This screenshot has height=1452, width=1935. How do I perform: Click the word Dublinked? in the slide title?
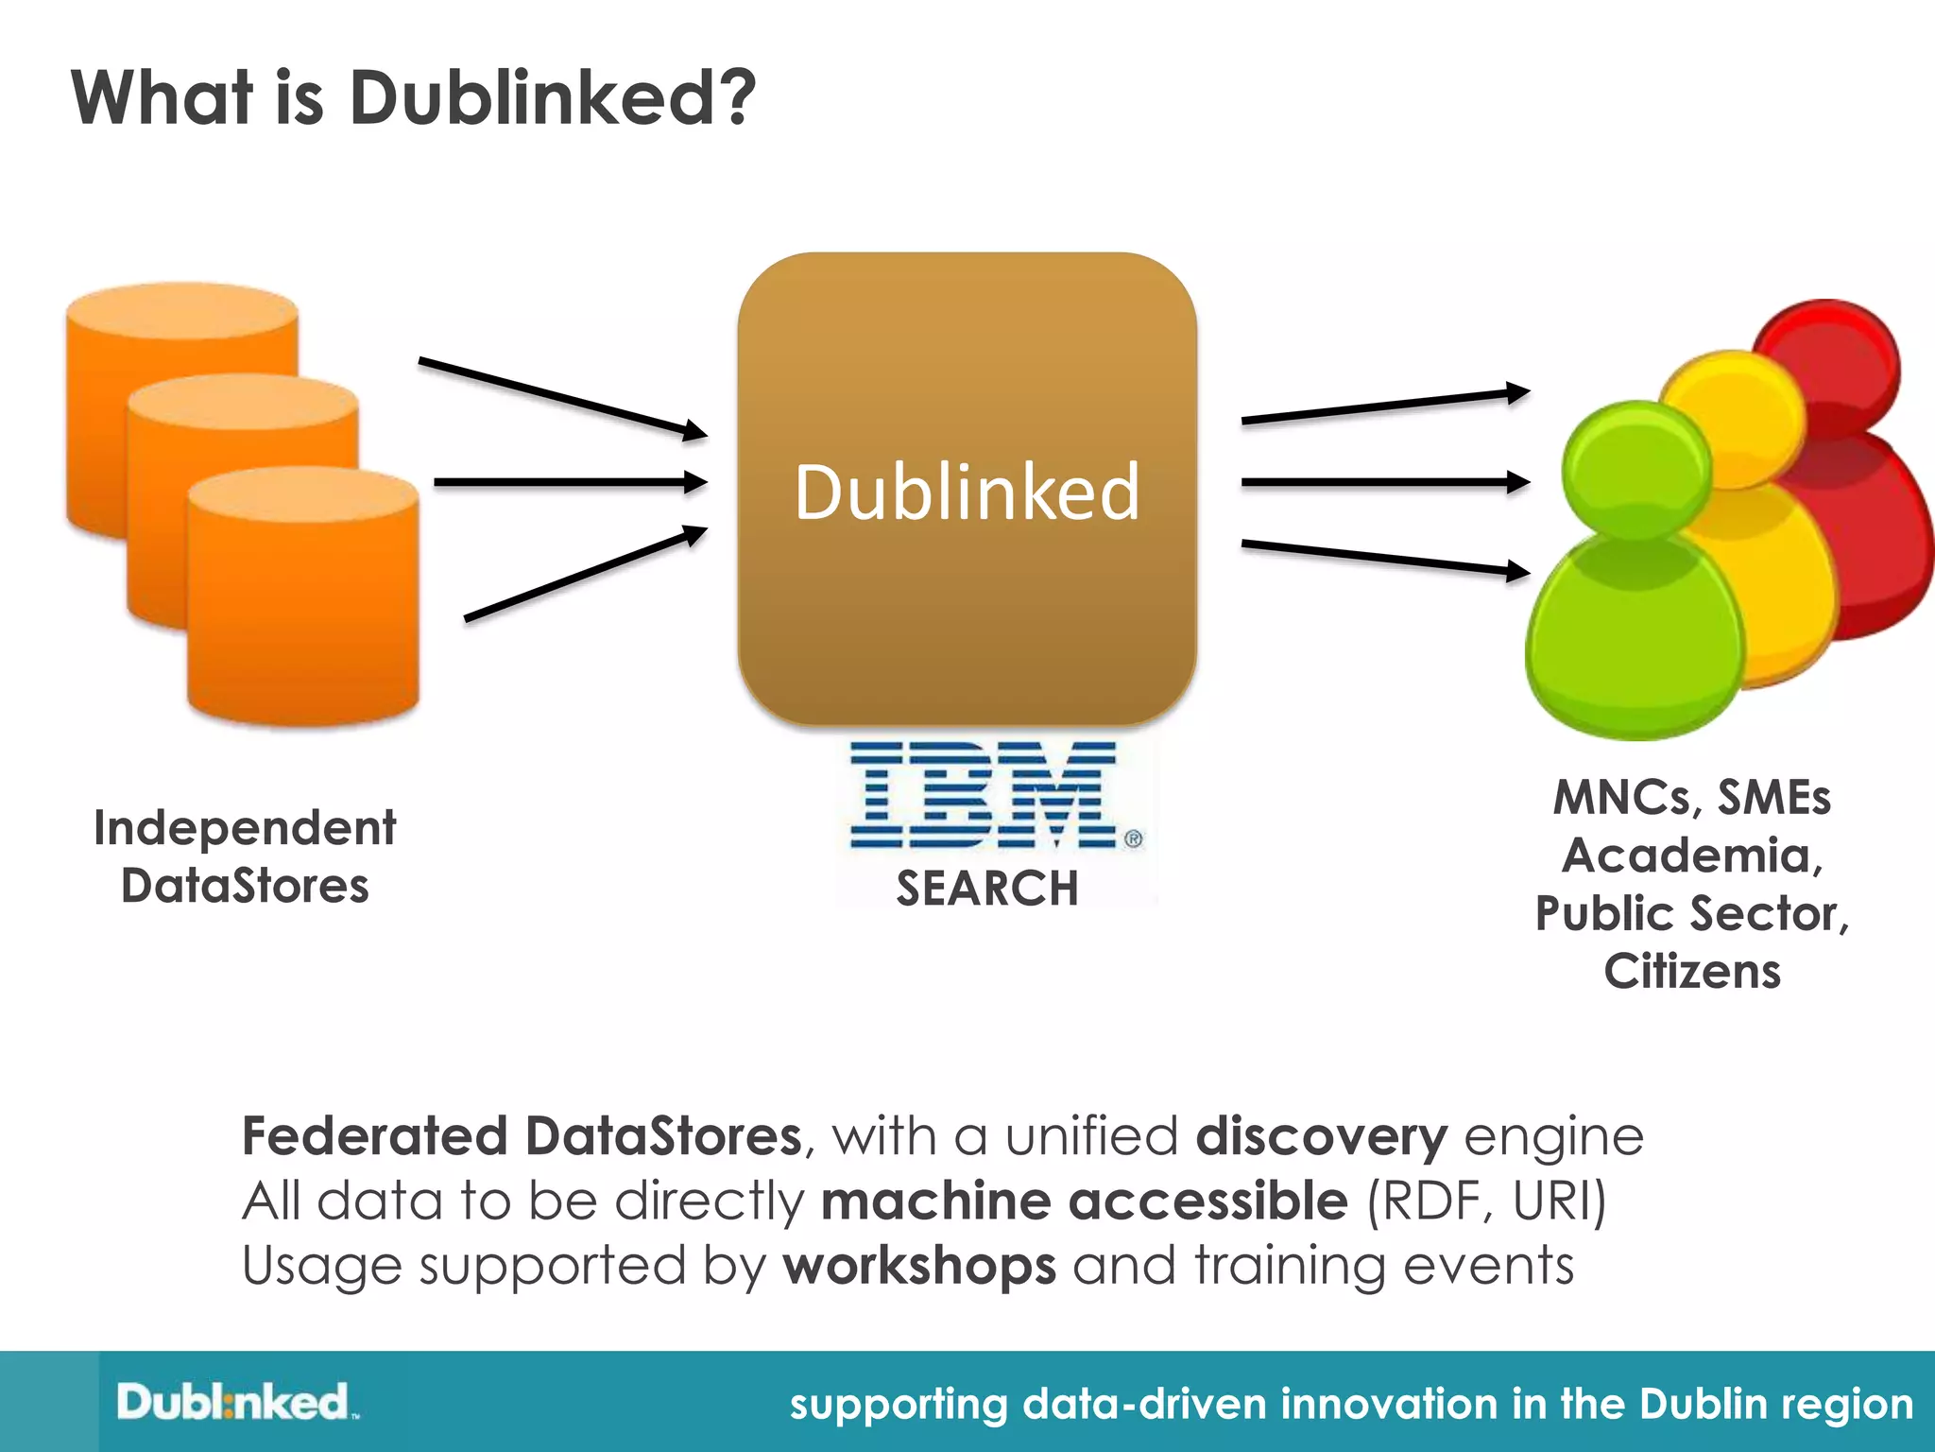pos(552,98)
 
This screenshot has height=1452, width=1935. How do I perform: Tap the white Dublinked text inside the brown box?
pos(967,493)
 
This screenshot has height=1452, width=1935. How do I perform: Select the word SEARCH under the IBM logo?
pos(986,889)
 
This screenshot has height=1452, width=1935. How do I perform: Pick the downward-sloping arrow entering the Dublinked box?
pos(562,397)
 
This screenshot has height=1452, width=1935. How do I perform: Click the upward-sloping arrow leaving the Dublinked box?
pos(1384,406)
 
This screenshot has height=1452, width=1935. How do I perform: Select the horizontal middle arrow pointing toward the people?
pos(1384,482)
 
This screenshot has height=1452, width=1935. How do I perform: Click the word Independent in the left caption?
pos(245,829)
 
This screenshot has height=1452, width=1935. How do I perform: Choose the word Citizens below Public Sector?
pos(1691,972)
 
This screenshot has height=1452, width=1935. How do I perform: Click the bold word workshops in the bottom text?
pos(918,1266)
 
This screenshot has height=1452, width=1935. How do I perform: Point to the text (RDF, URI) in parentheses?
pos(1486,1201)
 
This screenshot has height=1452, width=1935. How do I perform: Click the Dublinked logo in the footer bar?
pos(236,1402)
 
